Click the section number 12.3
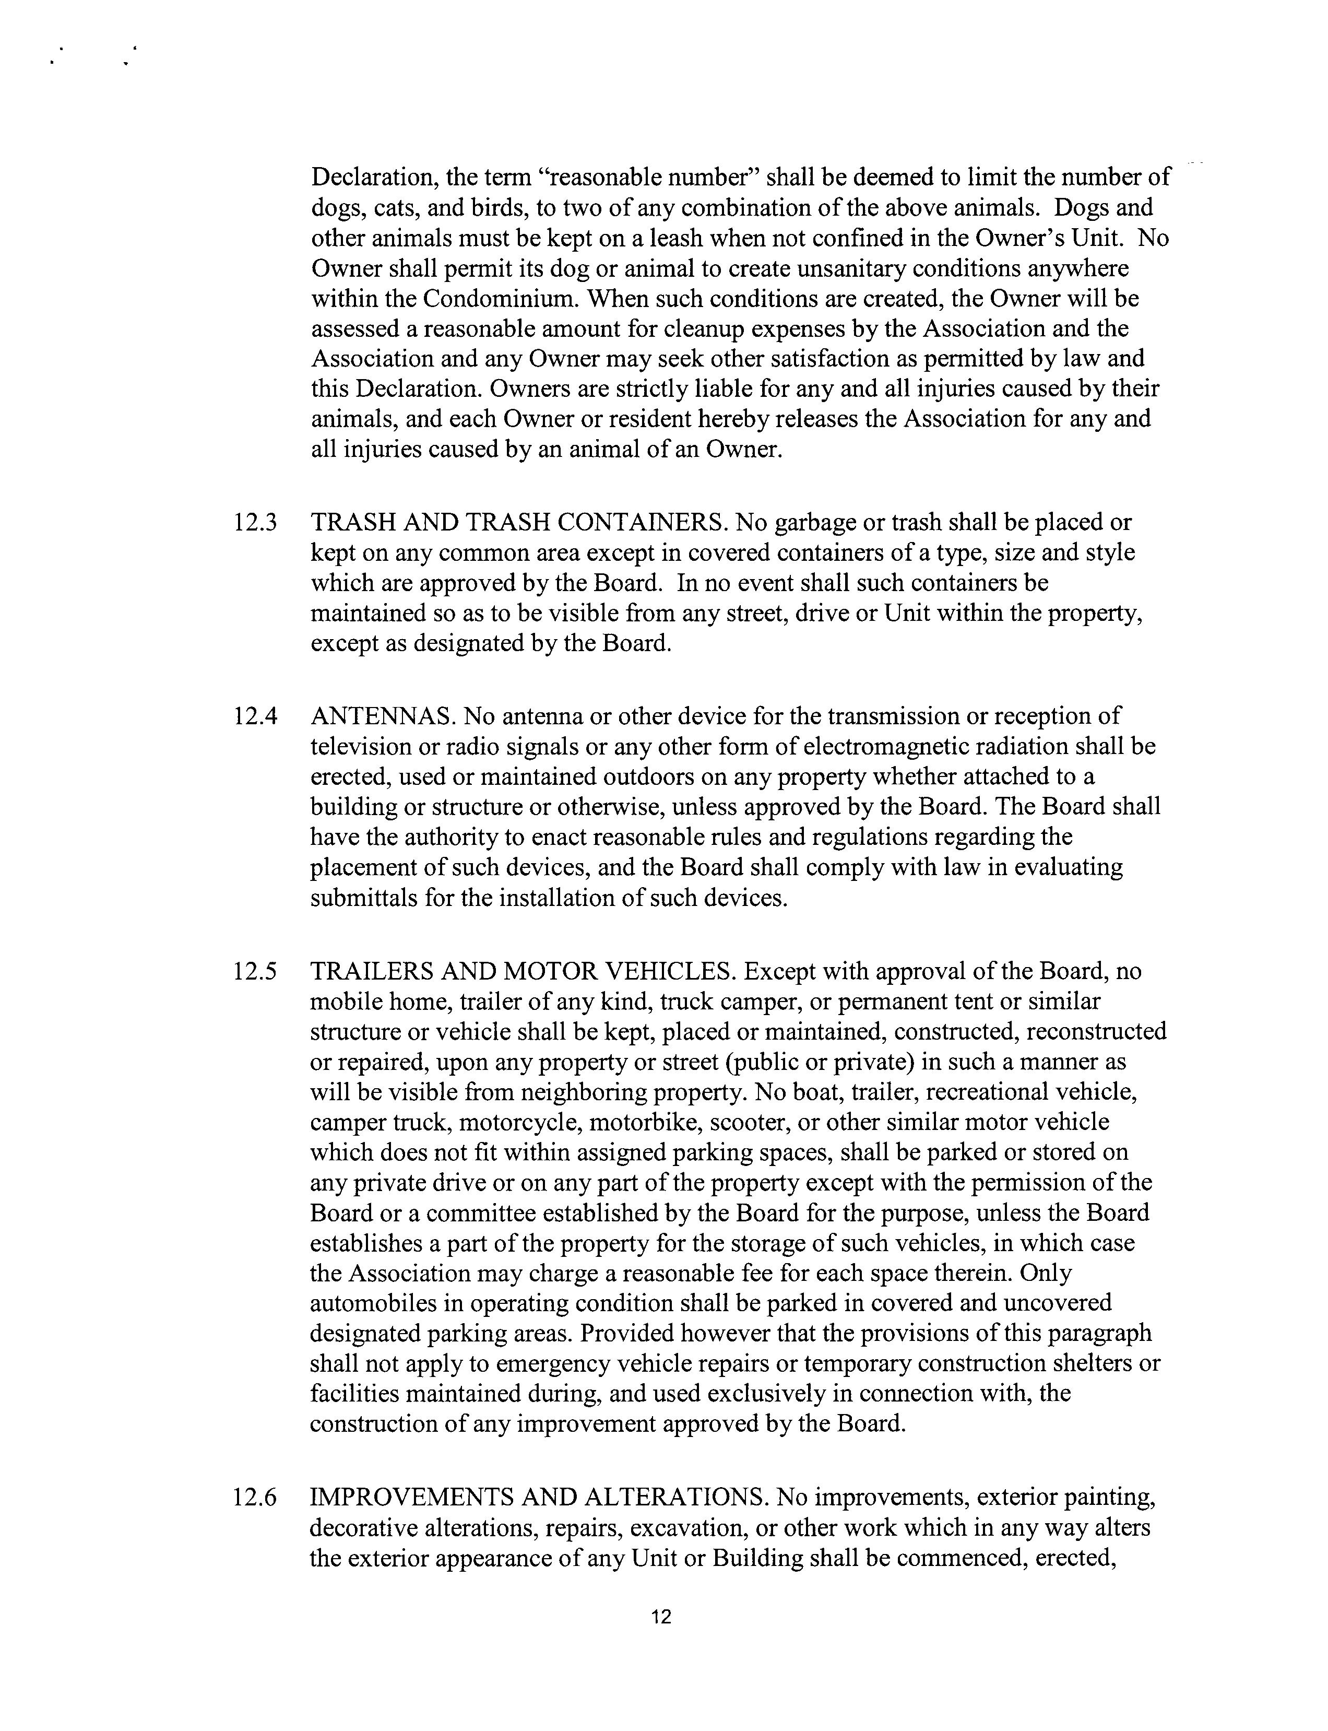(255, 523)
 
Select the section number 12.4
(255, 716)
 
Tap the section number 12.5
(255, 971)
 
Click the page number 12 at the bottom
(662, 1617)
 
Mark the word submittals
(364, 898)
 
